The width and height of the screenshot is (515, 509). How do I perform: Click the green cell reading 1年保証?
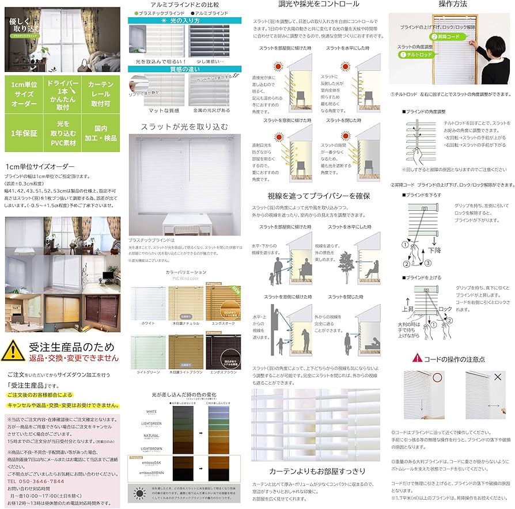point(23,132)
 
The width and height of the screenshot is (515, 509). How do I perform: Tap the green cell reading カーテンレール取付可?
point(101,94)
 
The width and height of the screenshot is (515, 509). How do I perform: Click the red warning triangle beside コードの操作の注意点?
point(417,358)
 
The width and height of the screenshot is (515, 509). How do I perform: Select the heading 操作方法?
point(453,5)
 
